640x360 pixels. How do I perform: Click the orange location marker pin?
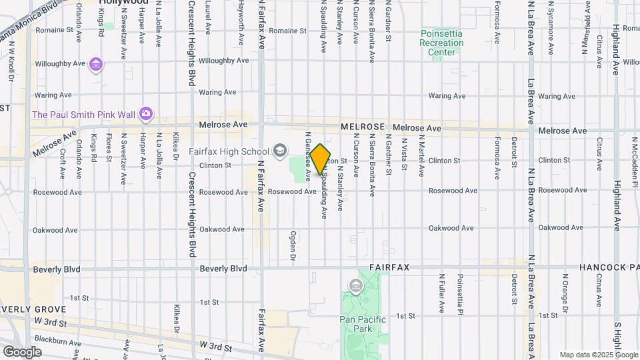tap(321, 159)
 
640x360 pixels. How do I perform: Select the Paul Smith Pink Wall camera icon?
tap(145, 115)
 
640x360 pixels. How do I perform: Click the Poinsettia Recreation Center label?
tap(441, 43)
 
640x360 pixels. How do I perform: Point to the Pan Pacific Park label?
tap(363, 324)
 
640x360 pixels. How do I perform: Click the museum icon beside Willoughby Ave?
tap(97, 64)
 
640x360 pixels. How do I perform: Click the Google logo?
tap(22, 351)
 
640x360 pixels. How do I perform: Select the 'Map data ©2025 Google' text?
tap(598, 355)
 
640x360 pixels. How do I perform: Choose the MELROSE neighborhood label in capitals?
tap(363, 127)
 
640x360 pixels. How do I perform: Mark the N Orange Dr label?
tap(565, 291)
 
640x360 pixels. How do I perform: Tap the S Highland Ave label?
tap(618, 340)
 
